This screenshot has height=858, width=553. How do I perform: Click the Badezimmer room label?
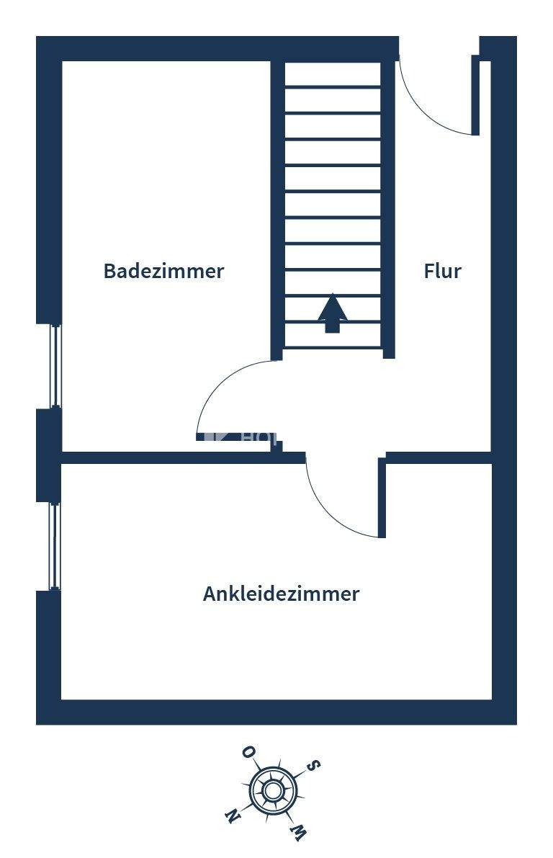pos(163,271)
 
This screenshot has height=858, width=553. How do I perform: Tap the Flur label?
pos(442,271)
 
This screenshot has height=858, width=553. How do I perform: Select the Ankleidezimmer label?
pos(281,594)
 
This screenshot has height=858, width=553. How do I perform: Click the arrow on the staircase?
pos(332,313)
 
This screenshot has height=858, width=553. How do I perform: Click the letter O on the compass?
pos(248,753)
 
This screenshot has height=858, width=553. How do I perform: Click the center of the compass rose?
pos(272,791)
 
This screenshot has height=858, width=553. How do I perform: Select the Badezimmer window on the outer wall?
pos(55,366)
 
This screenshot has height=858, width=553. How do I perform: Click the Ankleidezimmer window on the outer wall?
pos(55,546)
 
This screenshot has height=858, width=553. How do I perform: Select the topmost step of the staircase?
pos(332,75)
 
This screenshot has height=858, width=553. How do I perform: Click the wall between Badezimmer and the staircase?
pos(276,209)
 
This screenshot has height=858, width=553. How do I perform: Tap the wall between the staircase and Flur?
pos(388,209)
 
